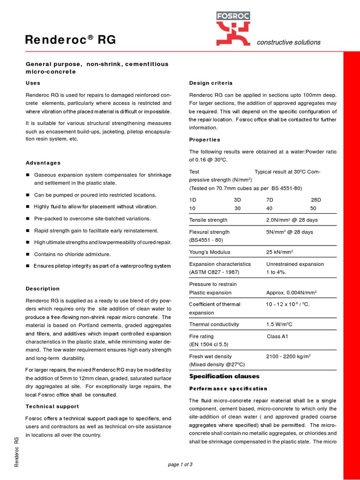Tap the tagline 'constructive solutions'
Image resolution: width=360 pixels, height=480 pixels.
pos(289,42)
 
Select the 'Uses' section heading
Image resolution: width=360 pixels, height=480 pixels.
pos(33,83)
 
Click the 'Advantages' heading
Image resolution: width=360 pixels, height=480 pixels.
pos(43,163)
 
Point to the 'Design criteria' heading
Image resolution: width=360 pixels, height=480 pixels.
pos(210,83)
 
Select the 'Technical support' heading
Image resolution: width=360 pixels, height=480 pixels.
pos(52,406)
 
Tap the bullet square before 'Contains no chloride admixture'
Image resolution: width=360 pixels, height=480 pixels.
pos(28,254)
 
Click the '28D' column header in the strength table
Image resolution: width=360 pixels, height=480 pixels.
pos(316,200)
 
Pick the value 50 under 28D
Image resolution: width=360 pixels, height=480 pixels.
pos(313,208)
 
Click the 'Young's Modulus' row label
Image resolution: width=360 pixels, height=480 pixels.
pos(210,252)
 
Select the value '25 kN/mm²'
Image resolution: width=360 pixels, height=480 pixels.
pos(279,252)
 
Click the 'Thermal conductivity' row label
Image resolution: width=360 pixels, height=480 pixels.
pos(214,324)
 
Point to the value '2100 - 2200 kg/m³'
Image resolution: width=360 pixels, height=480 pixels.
pos(288,356)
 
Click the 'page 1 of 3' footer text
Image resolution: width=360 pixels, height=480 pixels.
pos(180,464)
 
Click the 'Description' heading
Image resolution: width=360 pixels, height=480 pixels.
pos(43,288)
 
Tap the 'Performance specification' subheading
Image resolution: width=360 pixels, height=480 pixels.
pos(228,389)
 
